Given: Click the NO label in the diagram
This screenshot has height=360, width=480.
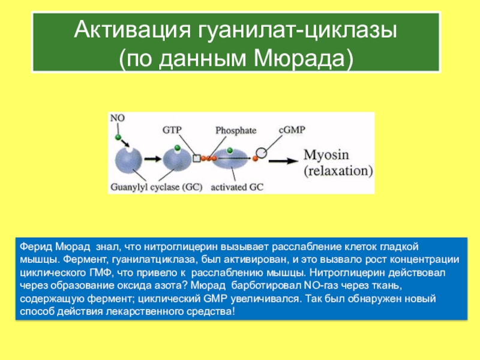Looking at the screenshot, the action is (x=118, y=119).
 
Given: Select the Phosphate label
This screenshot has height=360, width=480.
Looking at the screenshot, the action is (x=236, y=130).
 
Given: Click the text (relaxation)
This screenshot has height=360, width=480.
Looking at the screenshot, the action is (x=338, y=170).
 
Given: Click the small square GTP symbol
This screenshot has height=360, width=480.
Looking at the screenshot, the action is (x=196, y=158).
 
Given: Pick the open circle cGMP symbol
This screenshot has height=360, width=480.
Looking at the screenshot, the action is (x=262, y=152).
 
